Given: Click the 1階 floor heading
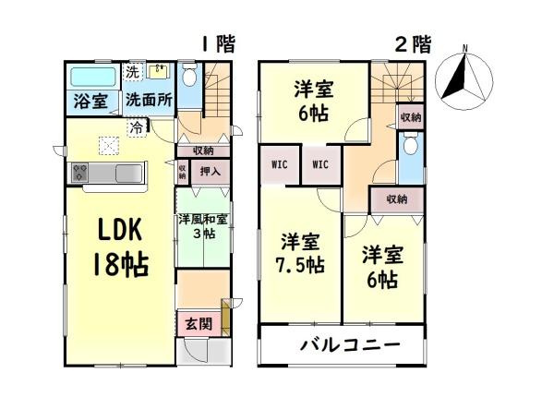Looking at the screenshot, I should point(219,43).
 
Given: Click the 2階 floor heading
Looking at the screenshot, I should point(414,43).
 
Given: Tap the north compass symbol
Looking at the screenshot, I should point(462,75).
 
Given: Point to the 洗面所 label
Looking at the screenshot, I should point(148,101).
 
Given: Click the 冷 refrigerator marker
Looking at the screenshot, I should point(138,126).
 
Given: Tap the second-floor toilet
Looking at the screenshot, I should point(410,149).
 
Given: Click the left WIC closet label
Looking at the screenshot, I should point(278,165).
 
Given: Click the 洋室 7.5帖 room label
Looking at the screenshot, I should point(303,254).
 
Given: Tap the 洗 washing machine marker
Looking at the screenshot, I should point(132,70).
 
